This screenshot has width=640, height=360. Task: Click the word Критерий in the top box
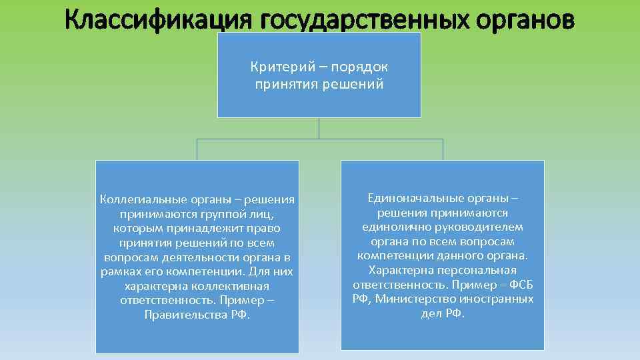[275, 67]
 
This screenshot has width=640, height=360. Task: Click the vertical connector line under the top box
[319, 128]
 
